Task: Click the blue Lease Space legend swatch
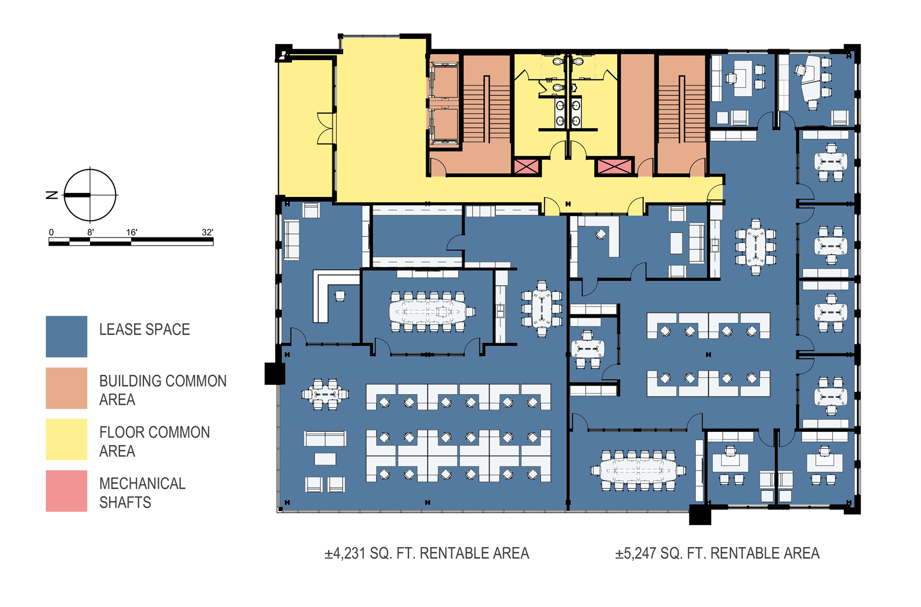67,336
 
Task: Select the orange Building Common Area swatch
67,388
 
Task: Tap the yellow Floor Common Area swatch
67,439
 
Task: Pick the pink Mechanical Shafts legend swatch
67,491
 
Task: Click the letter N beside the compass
52,195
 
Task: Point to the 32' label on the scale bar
207,232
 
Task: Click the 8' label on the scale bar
91,232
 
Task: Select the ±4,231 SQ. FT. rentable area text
427,553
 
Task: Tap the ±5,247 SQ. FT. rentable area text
717,553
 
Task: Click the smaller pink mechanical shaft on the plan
526,166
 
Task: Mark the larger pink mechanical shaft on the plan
615,166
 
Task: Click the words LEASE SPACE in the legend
145,330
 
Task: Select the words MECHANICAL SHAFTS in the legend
142,493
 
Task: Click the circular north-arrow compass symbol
90,195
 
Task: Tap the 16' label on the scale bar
132,232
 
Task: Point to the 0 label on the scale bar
51,232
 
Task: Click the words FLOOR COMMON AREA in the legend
155,442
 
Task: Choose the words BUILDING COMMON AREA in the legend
163,390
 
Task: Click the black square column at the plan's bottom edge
700,515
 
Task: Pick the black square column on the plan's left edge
275,374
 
